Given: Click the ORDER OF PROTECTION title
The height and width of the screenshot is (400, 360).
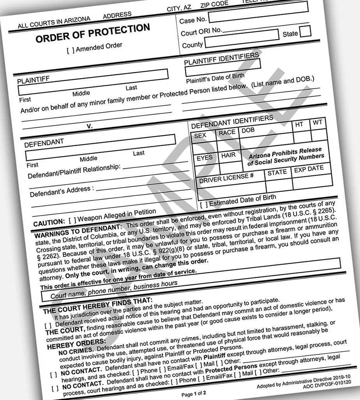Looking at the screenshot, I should coord(93,34).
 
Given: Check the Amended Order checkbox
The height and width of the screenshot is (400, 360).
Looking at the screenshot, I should coord(71,50).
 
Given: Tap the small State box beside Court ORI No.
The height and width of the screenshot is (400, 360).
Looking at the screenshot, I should coord(305,31).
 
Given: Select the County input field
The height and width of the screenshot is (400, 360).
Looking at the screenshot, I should coord(242,41).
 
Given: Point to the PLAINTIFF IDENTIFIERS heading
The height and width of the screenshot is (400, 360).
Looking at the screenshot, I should coord(221,58).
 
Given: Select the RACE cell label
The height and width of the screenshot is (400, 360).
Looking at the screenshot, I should coord(227,133).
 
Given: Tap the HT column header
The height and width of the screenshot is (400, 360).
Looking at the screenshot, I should coord(299,124).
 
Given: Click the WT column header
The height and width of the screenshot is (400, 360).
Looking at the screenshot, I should coord(317,122).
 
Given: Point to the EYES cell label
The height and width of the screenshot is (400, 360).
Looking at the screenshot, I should coord(205,158).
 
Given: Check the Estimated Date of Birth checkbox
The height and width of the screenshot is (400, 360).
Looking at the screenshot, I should coord(203,204).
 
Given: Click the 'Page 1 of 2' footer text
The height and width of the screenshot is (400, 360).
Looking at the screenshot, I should coord(194,393).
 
